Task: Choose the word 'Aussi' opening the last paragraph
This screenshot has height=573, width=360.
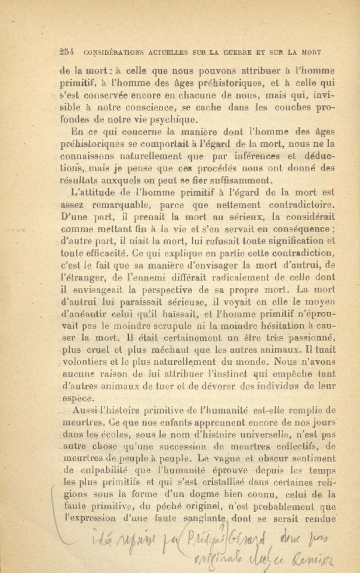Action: pos(84,411)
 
